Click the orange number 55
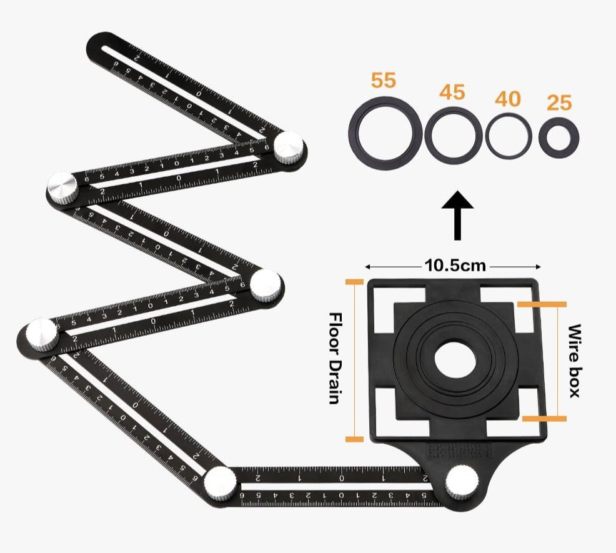coord(384,81)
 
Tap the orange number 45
coord(452,92)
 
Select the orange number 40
coord(508,99)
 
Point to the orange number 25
coord(559,103)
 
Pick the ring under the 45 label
coord(454,135)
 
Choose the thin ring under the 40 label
coord(509,136)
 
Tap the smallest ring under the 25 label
coord(559,137)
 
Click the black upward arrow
coord(457,216)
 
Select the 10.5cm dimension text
coord(455,265)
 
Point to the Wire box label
coord(574,361)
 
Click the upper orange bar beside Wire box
coord(542,304)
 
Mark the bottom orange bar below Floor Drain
coord(354,439)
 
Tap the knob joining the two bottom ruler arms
coord(220,482)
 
